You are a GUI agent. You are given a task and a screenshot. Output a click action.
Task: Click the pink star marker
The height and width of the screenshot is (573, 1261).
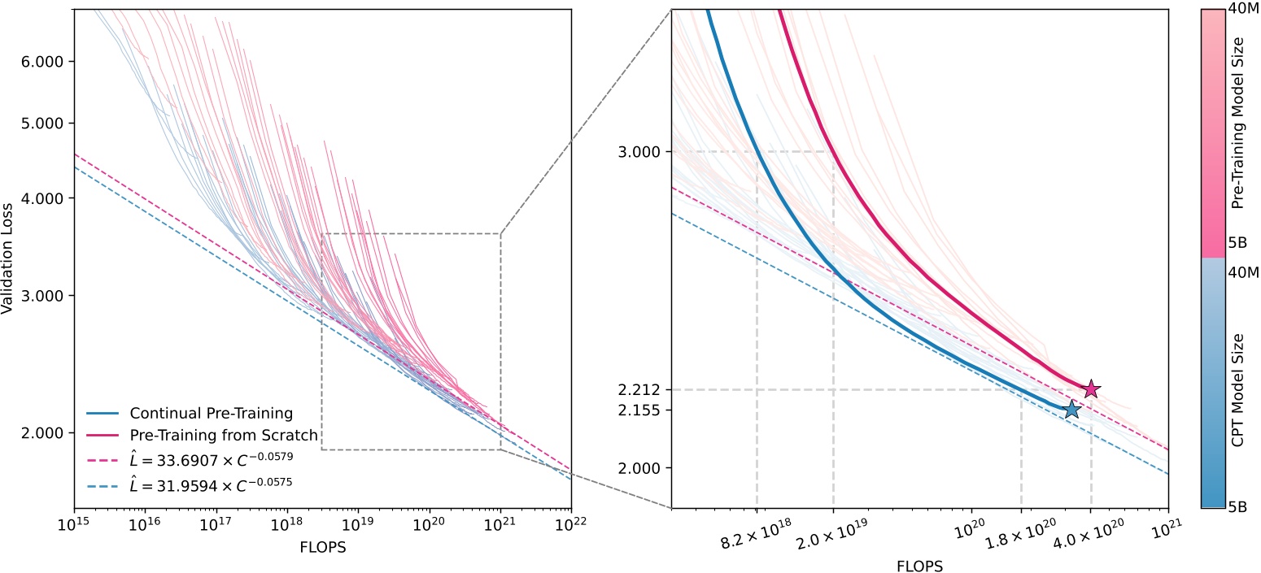click(x=1091, y=389)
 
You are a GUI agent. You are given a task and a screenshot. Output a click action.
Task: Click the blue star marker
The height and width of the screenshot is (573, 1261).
click(x=1072, y=409)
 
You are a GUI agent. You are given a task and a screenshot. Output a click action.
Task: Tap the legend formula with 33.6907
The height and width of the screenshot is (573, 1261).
click(x=211, y=458)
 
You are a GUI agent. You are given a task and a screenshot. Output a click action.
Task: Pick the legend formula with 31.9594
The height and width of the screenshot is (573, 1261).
click(x=211, y=481)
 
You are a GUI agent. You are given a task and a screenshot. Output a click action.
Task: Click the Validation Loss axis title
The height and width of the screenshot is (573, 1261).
click(x=9, y=259)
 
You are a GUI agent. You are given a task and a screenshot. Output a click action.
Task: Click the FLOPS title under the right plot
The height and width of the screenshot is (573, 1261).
click(x=919, y=565)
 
